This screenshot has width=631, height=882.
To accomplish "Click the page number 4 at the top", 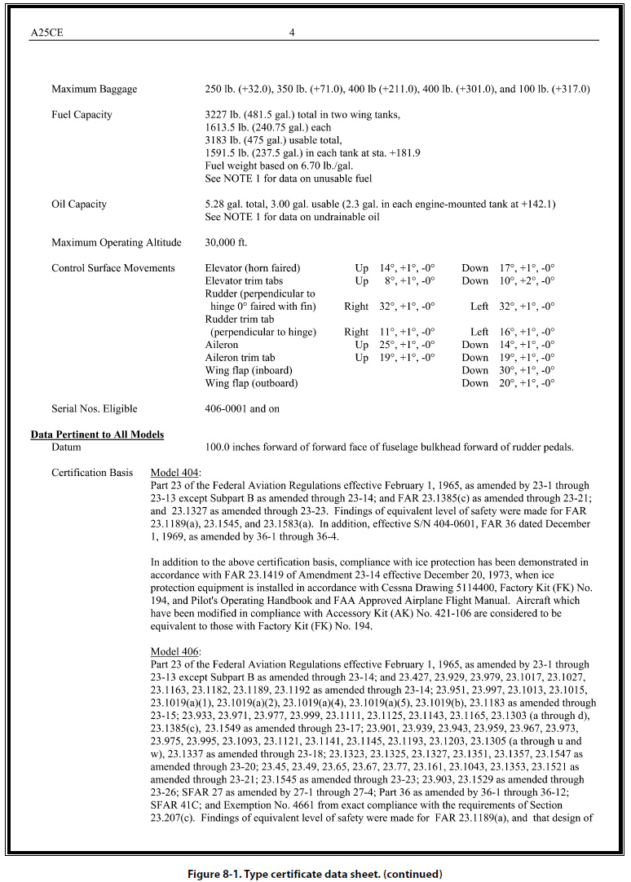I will pos(291,33).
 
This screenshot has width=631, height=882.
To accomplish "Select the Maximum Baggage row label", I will pos(94,90).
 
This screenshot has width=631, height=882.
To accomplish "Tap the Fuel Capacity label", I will pos(82,115).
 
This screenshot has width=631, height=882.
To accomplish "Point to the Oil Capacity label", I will pos(79,204).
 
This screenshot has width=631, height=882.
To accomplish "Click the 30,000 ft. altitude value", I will pos(227,242).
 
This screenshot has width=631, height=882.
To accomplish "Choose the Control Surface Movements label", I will pos(113,268).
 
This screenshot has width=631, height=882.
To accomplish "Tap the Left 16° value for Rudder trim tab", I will pos(513,332).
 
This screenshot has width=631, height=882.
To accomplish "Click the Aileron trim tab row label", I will pos(240,357).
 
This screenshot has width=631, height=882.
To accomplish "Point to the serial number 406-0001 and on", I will pos(242,408).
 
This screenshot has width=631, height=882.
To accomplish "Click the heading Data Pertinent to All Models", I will pos(97,434).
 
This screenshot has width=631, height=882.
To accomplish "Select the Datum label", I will pos(67,448).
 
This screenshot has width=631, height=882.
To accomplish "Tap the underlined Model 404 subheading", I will pos(176,473).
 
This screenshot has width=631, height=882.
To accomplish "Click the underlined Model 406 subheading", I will pos(176,651).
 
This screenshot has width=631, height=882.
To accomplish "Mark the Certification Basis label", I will pos(90,473).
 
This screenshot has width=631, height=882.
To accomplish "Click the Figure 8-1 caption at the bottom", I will pos(315,874).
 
